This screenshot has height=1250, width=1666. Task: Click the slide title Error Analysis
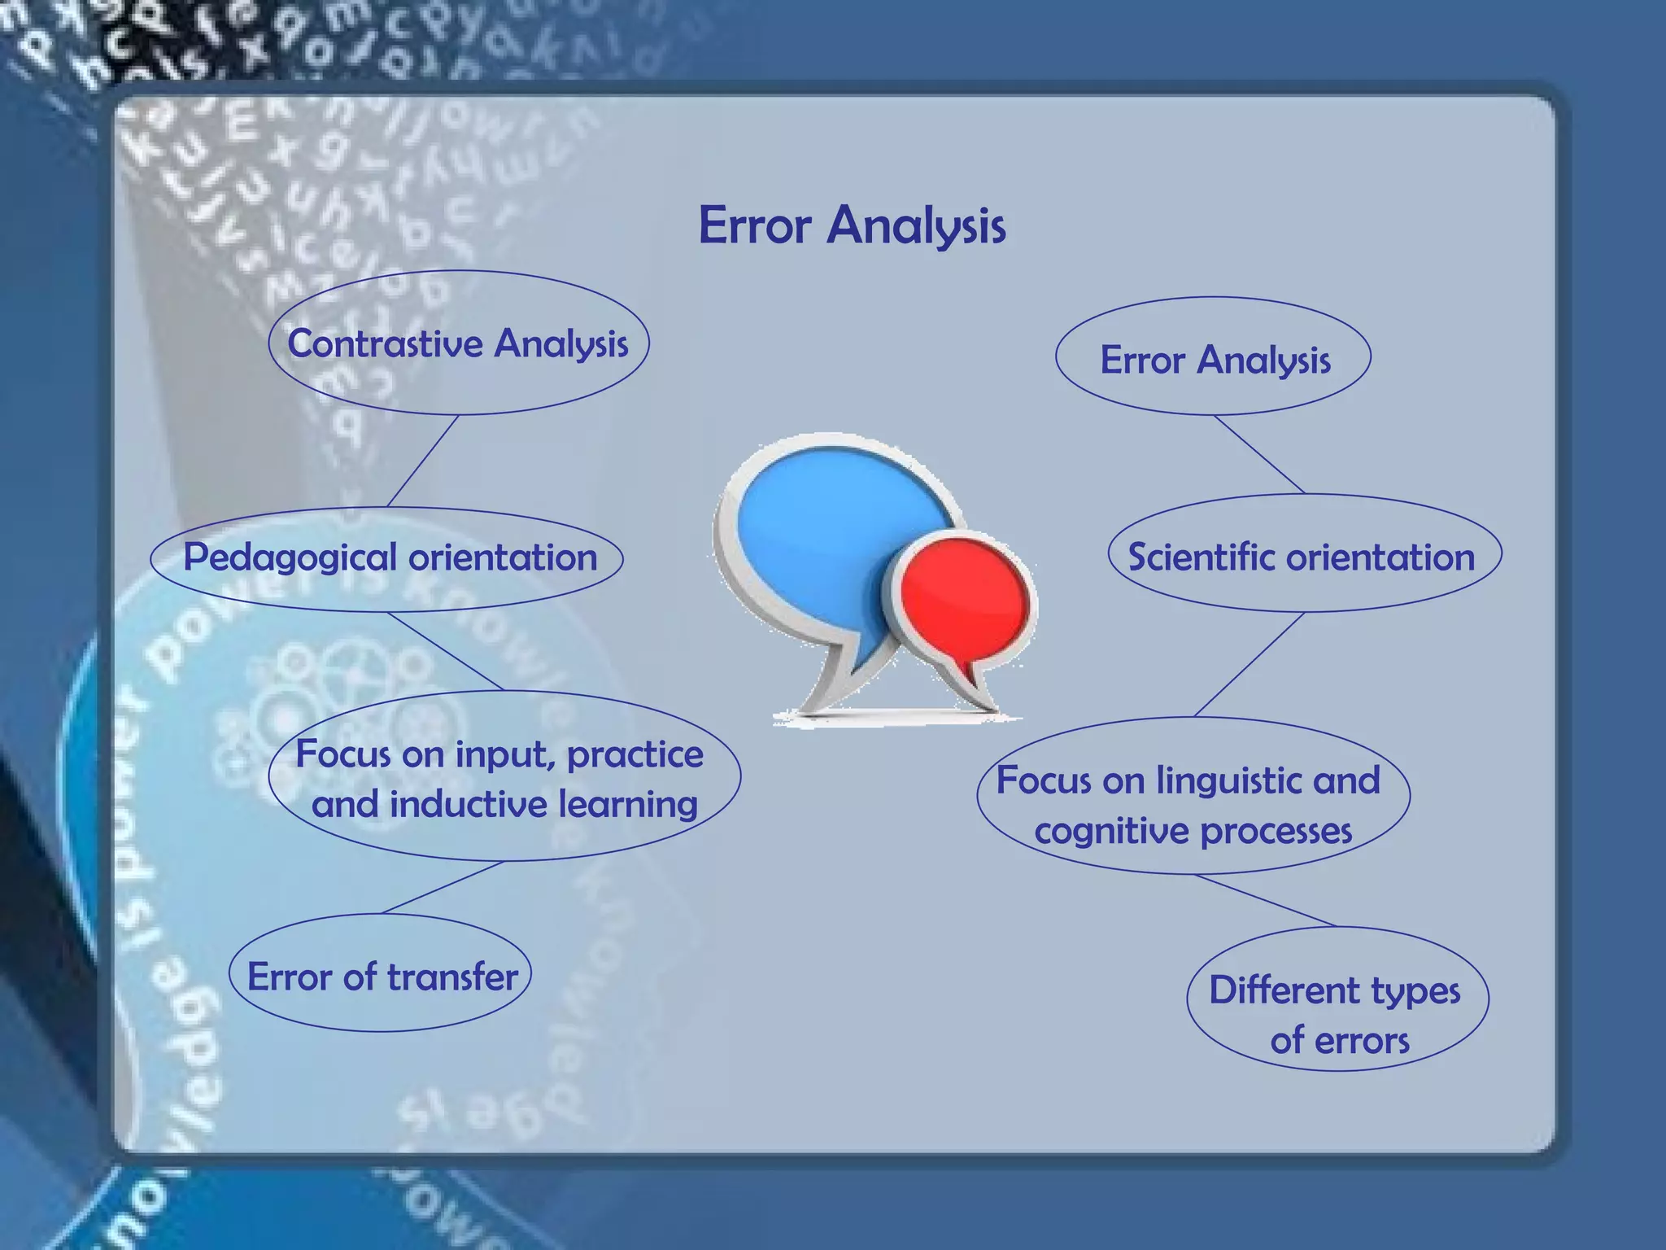[852, 225]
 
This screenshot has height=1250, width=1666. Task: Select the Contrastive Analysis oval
[458, 343]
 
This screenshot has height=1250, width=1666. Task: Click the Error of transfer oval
[381, 975]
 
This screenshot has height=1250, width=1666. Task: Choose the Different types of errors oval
[1337, 999]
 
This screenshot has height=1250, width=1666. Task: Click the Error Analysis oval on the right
[1214, 359]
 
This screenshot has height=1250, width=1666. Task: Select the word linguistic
[1229, 780]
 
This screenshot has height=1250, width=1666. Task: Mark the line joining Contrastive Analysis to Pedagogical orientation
[423, 461]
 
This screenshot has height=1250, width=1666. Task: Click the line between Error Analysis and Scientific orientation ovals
[1259, 454]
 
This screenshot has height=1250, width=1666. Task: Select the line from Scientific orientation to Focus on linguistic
[1249, 664]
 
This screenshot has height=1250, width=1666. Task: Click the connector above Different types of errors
[1265, 900]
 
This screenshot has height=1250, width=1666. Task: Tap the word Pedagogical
[290, 558]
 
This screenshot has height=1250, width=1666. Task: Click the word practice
[635, 754]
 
